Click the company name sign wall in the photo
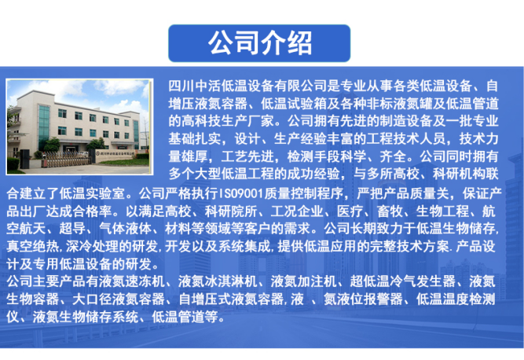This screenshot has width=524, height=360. click(x=115, y=158)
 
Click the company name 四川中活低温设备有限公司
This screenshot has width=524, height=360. click(x=249, y=84)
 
